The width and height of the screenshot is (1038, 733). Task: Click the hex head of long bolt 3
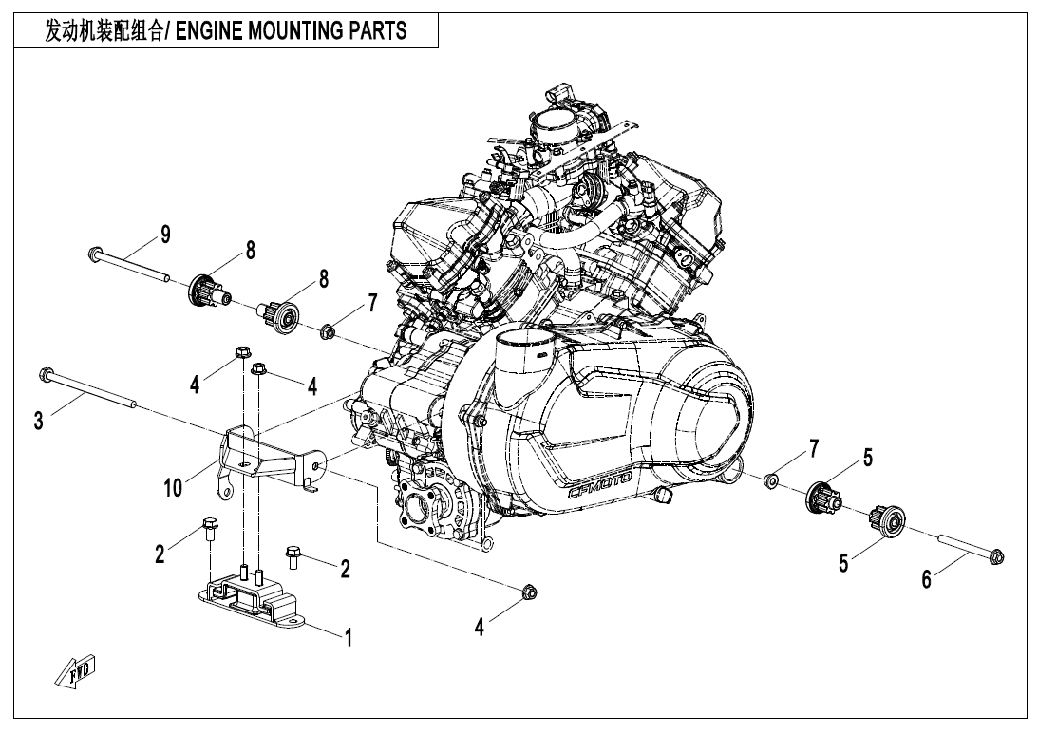[44, 374]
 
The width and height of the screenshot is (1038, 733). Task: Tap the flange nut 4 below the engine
[529, 594]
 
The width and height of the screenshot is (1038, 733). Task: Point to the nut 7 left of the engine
[328, 331]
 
